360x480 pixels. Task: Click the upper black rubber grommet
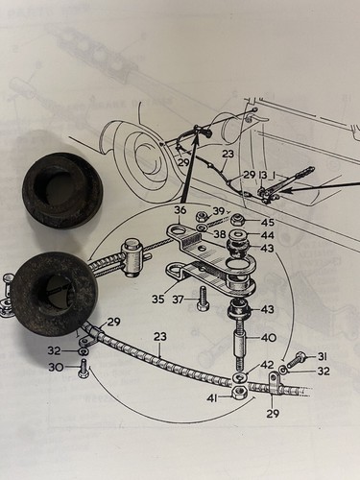pos(62,190)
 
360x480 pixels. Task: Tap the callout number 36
pos(180,210)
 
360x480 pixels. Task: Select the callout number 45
pos(267,222)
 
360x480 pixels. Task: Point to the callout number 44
pos(267,235)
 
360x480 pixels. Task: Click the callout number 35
pos(158,300)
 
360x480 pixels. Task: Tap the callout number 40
pos(268,338)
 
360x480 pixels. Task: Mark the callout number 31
pos(323,356)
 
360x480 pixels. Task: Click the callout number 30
pos(55,368)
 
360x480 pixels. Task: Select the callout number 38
pos(220,234)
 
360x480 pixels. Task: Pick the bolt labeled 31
pos(297,359)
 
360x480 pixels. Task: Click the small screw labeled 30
pos(83,368)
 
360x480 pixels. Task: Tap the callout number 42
pos(267,365)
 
